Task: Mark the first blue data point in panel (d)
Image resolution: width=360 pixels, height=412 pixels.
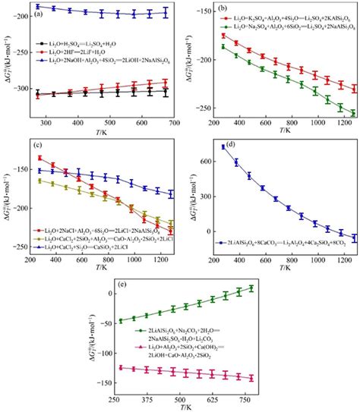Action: [223, 146]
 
